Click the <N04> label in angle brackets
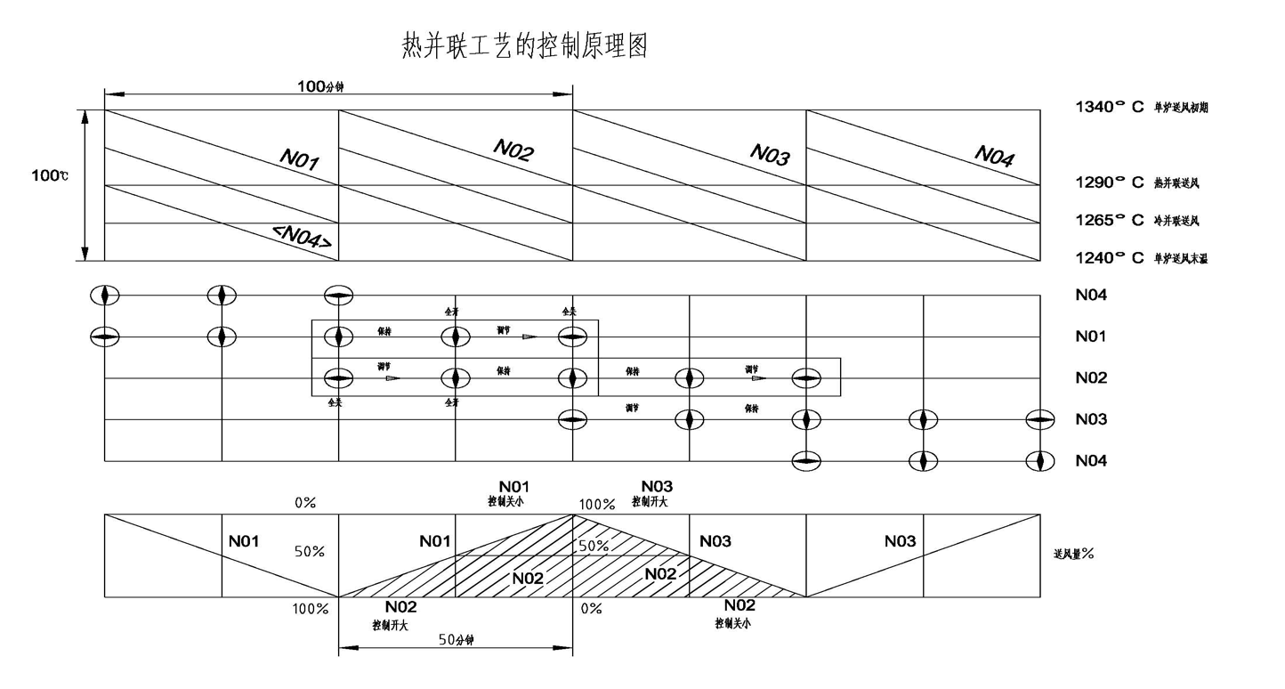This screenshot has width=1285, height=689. (x=303, y=237)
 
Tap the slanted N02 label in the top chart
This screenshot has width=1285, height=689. (x=513, y=152)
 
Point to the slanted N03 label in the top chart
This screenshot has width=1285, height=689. (x=770, y=155)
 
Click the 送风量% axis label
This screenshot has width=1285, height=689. (x=1073, y=554)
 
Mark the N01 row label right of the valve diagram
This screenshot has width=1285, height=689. (x=1090, y=336)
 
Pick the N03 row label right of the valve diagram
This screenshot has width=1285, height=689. (x=1090, y=419)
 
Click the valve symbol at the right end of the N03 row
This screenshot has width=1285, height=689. (x=1039, y=419)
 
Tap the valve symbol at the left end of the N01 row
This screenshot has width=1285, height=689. (x=106, y=336)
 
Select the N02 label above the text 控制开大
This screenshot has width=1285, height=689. (x=401, y=607)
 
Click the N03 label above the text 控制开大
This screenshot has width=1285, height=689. (x=657, y=486)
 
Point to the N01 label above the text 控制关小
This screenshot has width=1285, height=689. (x=513, y=486)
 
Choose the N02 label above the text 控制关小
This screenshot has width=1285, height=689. (x=739, y=605)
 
